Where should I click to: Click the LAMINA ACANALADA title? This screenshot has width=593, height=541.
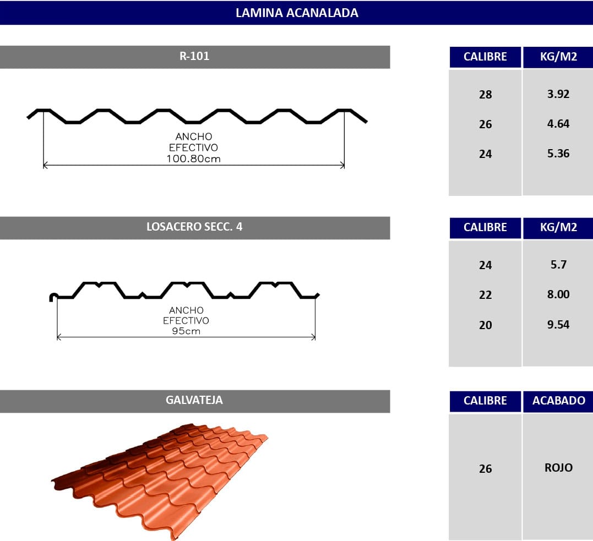pos(297,13)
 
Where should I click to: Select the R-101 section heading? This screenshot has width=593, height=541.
pos(194,56)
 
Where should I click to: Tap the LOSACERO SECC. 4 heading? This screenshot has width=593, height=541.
pos(194,227)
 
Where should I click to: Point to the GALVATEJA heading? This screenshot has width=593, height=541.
pos(194,400)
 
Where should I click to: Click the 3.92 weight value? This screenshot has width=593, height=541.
pos(558,94)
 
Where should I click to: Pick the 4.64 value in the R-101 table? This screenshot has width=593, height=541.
pos(558,124)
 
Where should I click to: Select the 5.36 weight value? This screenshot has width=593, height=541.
pos(558,154)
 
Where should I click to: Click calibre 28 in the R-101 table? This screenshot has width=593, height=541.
pos(485,94)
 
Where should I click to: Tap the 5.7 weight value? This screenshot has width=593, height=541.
pos(558,265)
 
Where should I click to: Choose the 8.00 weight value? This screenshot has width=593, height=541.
pos(558,294)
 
